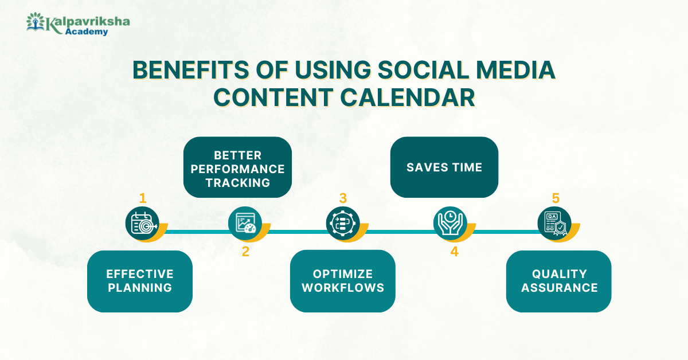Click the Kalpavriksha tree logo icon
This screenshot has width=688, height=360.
click(x=36, y=22)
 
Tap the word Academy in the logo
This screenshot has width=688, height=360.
click(x=87, y=32)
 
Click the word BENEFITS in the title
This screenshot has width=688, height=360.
click(x=191, y=70)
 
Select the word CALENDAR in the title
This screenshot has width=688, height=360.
click(x=407, y=97)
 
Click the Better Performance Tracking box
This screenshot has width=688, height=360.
click(x=237, y=167)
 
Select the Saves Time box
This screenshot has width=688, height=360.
click(x=444, y=167)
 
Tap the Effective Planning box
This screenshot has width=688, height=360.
click(x=140, y=281)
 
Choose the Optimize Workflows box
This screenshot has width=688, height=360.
click(x=342, y=281)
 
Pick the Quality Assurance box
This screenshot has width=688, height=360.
click(x=558, y=281)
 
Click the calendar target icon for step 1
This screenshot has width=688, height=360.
click(x=142, y=224)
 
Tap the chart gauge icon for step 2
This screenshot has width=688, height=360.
click(x=245, y=224)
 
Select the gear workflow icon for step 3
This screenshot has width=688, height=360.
click(x=343, y=224)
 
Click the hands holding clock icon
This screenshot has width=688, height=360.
click(x=450, y=224)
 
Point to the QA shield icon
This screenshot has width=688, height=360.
click(x=554, y=224)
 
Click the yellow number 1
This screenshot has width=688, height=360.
click(x=143, y=198)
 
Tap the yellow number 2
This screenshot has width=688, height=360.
click(x=245, y=252)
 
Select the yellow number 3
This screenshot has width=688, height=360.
click(x=343, y=198)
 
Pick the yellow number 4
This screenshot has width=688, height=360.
click(x=455, y=252)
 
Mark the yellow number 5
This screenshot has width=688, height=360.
click(x=556, y=198)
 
